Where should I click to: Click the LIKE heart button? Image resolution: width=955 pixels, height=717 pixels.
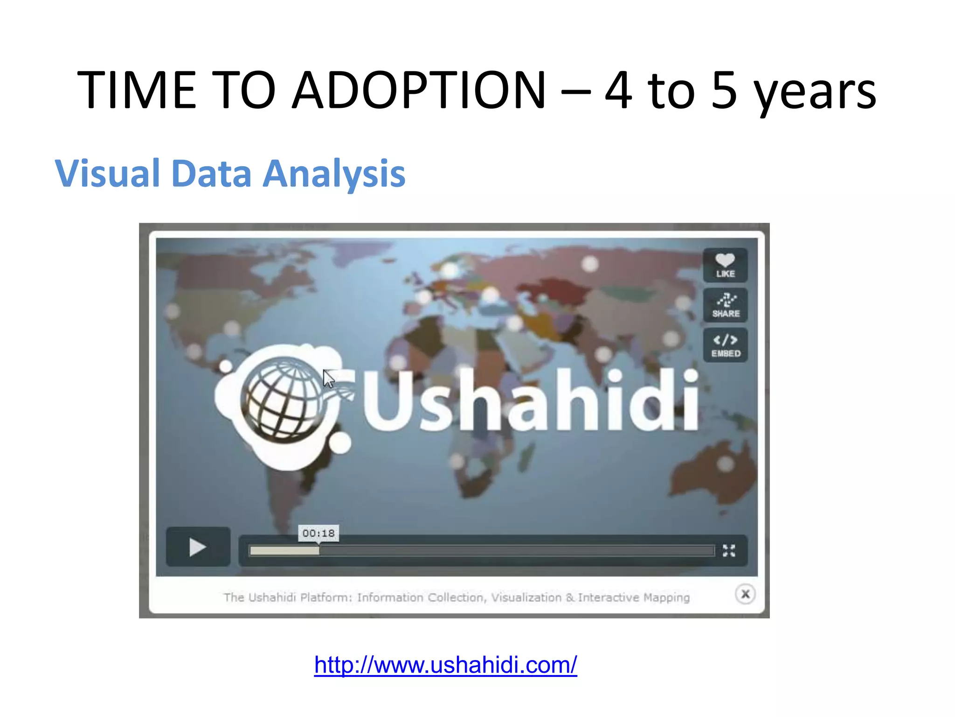[725, 265]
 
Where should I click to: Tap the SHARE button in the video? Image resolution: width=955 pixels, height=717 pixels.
[725, 305]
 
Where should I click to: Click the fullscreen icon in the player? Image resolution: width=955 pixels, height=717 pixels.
[729, 551]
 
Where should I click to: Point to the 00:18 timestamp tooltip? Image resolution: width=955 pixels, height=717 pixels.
[318, 533]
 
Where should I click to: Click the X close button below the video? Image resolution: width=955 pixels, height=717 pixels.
[745, 594]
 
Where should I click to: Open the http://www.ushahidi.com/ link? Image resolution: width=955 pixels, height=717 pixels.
[445, 665]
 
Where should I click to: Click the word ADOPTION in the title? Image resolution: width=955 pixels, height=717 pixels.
[418, 90]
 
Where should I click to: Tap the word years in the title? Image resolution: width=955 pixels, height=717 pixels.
[815, 91]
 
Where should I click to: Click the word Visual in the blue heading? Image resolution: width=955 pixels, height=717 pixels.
[108, 174]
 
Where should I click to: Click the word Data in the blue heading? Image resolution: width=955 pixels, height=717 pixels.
[212, 174]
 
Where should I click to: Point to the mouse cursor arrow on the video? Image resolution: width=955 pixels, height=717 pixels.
[328, 379]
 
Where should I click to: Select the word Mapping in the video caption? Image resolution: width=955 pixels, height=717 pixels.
[666, 597]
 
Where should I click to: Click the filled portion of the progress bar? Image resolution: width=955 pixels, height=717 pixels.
[284, 551]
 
